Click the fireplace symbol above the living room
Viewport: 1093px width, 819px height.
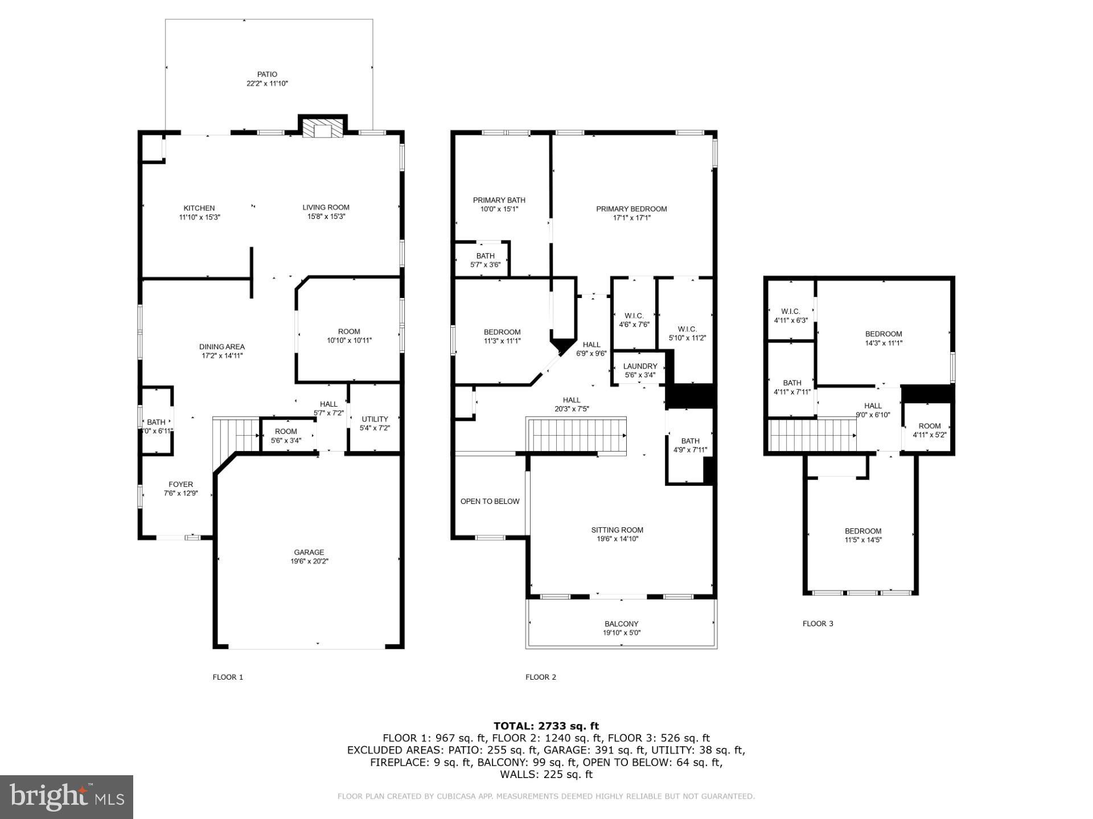pyautogui.click(x=323, y=128)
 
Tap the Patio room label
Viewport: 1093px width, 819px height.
pyautogui.click(x=267, y=75)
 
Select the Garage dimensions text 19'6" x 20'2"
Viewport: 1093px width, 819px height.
pyautogui.click(x=309, y=561)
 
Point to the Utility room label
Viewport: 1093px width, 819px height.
pyautogui.click(x=375, y=419)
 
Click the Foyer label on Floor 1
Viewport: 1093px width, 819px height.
pyautogui.click(x=180, y=485)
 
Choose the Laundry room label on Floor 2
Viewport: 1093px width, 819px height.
pyautogui.click(x=640, y=366)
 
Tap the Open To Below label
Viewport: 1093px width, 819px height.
pyautogui.click(x=490, y=501)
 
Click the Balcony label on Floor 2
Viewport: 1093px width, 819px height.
pyautogui.click(x=621, y=624)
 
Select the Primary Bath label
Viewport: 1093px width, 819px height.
pyautogui.click(x=499, y=200)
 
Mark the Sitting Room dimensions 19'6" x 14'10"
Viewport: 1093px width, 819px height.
pyautogui.click(x=617, y=539)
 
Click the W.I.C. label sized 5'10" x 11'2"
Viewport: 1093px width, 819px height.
pyautogui.click(x=687, y=329)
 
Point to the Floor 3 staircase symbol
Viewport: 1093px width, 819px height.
pyautogui.click(x=812, y=435)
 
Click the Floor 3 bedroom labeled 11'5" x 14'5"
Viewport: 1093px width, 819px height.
pyautogui.click(x=863, y=531)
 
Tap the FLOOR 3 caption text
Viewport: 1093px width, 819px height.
pyautogui.click(x=817, y=623)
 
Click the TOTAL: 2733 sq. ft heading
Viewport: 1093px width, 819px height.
pyautogui.click(x=546, y=726)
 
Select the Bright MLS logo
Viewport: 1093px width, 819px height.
pyautogui.click(x=67, y=797)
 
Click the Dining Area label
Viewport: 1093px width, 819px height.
pyautogui.click(x=222, y=347)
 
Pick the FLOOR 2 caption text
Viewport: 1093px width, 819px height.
pyautogui.click(x=540, y=677)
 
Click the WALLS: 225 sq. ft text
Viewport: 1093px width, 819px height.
pyautogui.click(x=546, y=775)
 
